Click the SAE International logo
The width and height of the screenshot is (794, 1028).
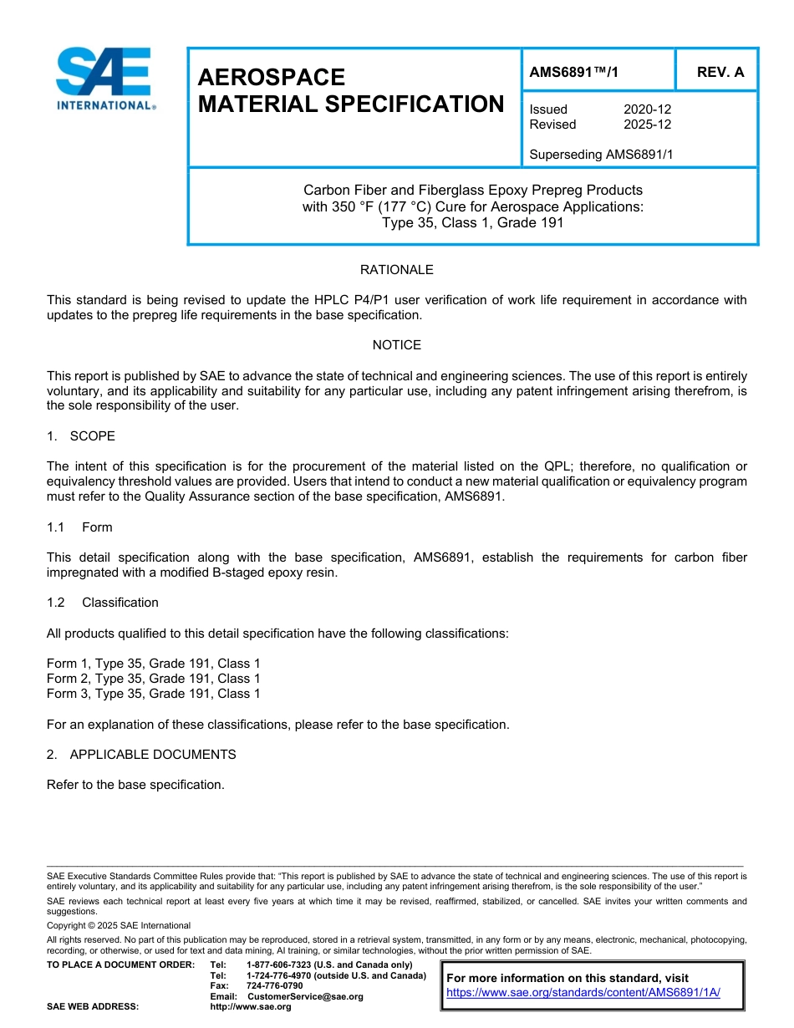104,79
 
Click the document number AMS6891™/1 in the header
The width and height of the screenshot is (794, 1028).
574,73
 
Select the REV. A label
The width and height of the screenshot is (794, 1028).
720,73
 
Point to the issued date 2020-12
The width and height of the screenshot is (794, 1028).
647,109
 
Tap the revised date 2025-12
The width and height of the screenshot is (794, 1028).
647,125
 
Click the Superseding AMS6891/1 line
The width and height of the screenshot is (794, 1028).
601,155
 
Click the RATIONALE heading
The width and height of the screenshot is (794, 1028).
396,270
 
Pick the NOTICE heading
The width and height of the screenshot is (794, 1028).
396,345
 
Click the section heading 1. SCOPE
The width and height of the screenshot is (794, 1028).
81,436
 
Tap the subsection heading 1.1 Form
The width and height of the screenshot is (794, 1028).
79,527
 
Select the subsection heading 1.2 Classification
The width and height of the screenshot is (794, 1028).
103,603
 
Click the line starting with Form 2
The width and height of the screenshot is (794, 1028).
153,679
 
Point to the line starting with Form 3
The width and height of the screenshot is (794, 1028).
153,694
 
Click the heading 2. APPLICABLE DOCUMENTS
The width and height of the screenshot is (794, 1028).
141,755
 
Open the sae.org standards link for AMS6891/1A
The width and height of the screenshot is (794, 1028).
583,993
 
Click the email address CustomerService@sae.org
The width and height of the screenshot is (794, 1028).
305,997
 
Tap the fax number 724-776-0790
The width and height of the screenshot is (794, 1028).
274,986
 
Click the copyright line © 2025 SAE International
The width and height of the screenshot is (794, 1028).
119,926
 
